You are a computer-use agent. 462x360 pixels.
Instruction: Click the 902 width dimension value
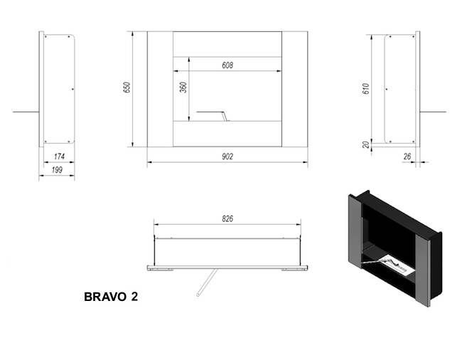point(227,157)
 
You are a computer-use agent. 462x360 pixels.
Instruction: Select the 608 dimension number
point(227,65)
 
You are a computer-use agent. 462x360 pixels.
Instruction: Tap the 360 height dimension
point(182,88)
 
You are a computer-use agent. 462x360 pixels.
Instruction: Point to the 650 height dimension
point(127,88)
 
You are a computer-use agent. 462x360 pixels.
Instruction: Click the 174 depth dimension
point(60,157)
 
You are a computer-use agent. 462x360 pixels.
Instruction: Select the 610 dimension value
point(366,89)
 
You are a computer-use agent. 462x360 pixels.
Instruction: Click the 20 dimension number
point(366,144)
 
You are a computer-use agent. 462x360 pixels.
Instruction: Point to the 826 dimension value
point(227,220)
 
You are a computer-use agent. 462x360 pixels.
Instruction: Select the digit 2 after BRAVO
point(134,297)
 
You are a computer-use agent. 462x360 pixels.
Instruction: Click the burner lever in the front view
point(211,113)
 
